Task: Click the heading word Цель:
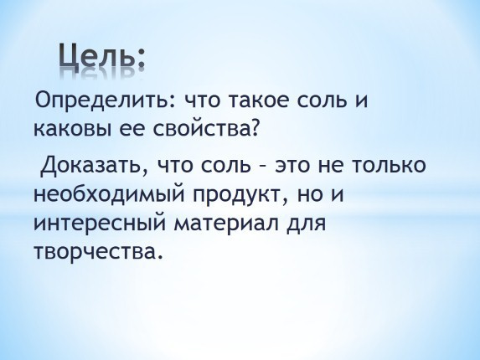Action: coord(101,55)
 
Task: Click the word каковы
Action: coord(73,129)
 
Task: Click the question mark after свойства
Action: coord(251,128)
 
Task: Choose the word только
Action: coord(389,164)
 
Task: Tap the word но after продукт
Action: coord(311,195)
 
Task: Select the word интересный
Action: coord(100,224)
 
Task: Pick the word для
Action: coord(306,225)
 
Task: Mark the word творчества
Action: coord(96,253)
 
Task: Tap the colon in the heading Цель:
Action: coord(141,60)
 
